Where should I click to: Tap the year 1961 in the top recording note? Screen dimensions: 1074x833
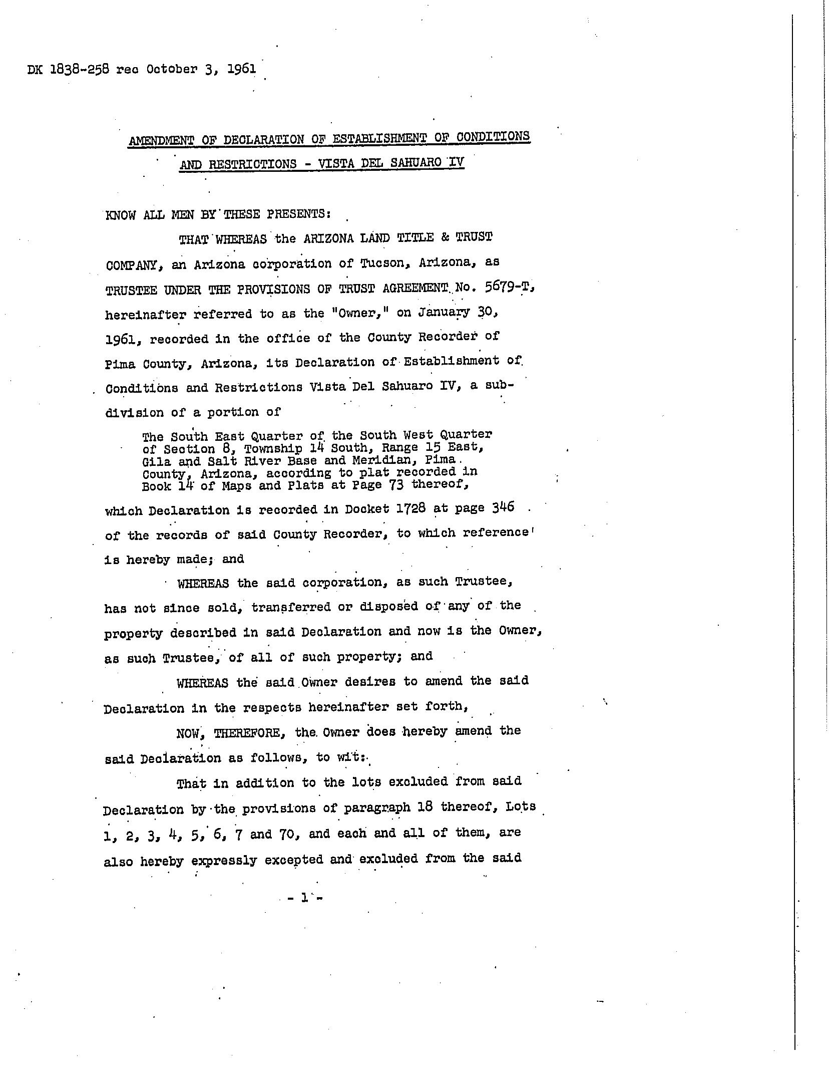pyautogui.click(x=241, y=68)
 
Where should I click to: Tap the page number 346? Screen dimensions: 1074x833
pyautogui.click(x=503, y=507)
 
